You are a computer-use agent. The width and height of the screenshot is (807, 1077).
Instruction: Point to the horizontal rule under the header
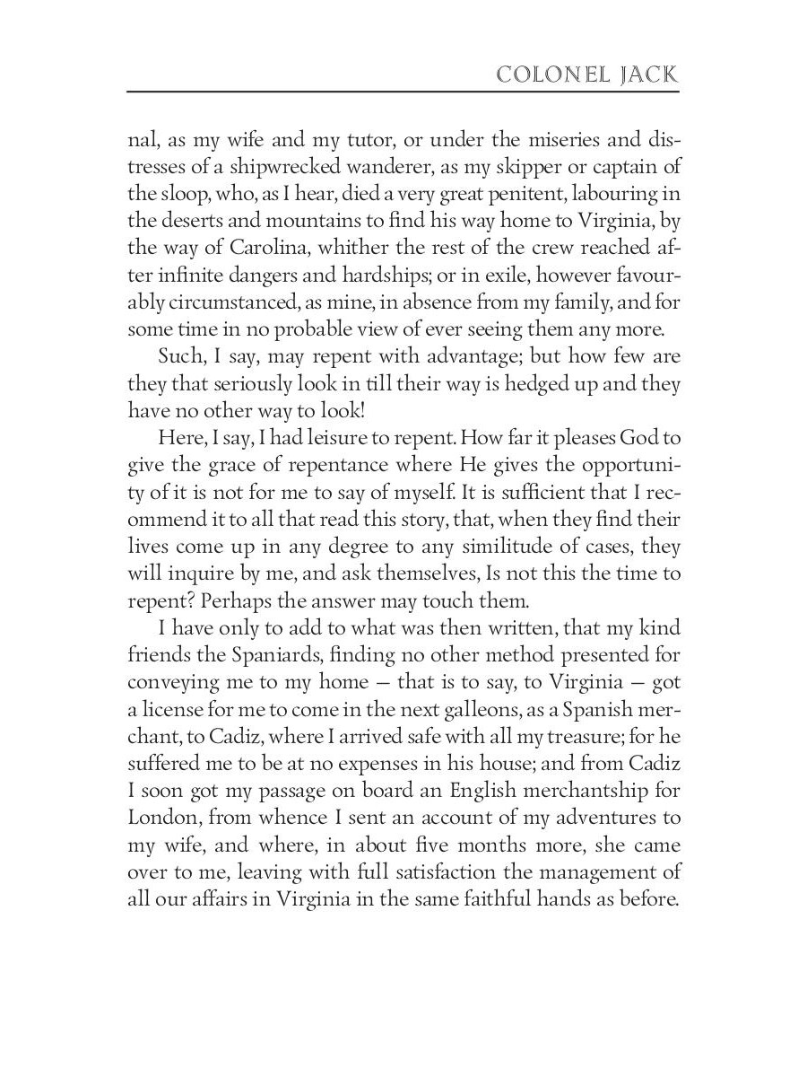(403, 92)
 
